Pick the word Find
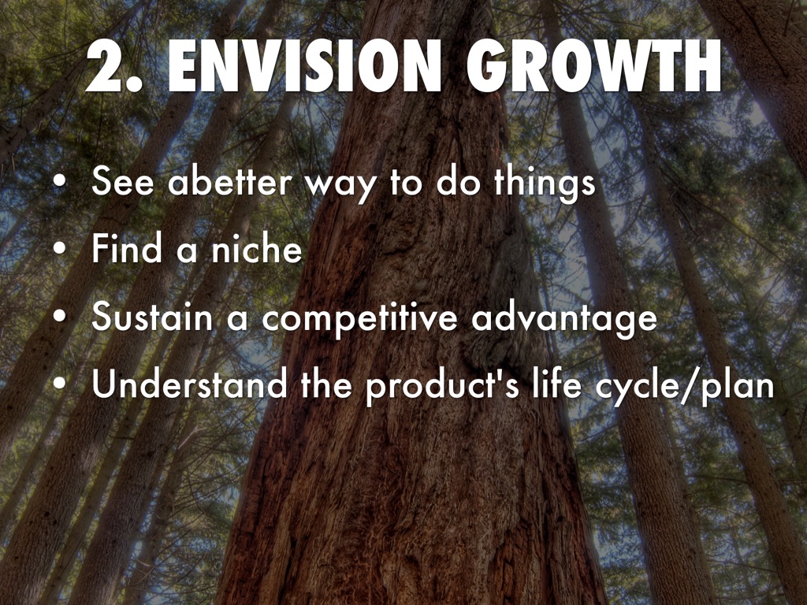(x=127, y=248)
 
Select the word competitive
(x=359, y=319)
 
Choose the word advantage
(x=564, y=319)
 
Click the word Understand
(x=189, y=384)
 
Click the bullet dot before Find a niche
(x=60, y=249)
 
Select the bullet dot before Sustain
(x=60, y=317)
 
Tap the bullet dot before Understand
(x=60, y=384)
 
